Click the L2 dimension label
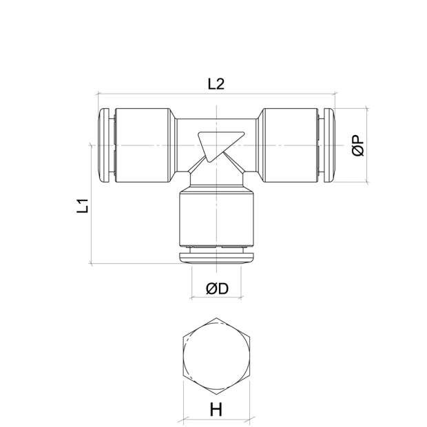tap(216, 84)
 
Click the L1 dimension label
tap(83, 206)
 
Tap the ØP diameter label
tap(358, 145)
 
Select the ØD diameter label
tap(217, 289)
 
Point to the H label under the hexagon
tap(216, 410)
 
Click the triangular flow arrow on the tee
tap(220, 146)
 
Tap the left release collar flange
tap(105, 145)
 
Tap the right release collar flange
tap(329, 145)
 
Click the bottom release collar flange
tap(216, 258)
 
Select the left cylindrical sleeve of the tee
tap(143, 145)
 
